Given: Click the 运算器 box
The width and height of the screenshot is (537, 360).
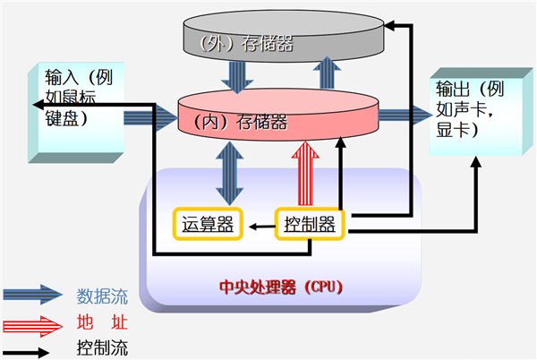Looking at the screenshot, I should coord(207,224).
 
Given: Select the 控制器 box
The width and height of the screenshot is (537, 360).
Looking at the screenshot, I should coord(310,224).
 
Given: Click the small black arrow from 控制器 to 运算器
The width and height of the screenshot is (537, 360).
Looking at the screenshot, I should coord(260,227).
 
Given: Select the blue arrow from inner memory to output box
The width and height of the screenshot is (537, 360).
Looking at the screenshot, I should coord(403,115).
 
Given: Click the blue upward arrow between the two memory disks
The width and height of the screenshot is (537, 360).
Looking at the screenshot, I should coord(330,75).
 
